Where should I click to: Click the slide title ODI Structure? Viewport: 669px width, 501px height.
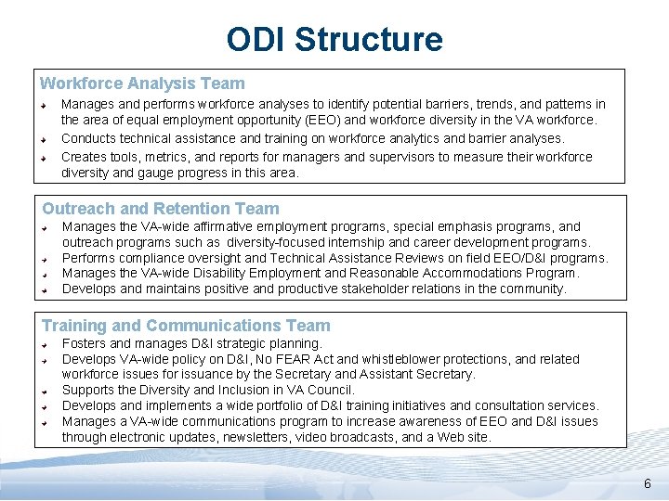[334, 40]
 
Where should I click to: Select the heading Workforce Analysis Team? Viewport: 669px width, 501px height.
[142, 83]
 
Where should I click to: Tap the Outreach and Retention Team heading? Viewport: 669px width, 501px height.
[160, 209]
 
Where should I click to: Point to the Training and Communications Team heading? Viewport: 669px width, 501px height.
[186, 326]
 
